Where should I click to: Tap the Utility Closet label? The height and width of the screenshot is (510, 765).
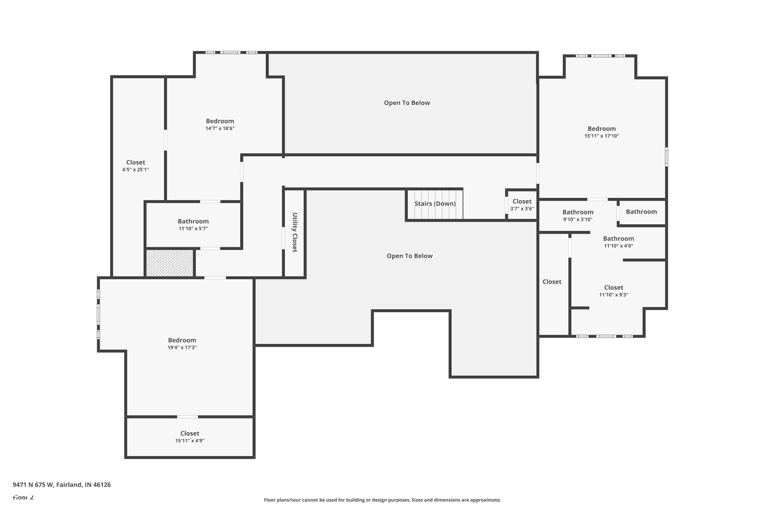click(x=295, y=232)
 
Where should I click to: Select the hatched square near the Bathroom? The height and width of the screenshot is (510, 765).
click(x=170, y=263)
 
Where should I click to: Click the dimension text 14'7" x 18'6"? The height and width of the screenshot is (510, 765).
click(x=220, y=129)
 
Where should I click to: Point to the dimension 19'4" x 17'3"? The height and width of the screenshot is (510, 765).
click(x=182, y=347)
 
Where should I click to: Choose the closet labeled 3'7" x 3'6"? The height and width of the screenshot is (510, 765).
click(x=522, y=205)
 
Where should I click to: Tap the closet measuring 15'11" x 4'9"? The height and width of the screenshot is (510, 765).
click(x=190, y=437)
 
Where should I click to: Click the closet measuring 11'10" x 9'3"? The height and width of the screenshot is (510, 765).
click(x=614, y=291)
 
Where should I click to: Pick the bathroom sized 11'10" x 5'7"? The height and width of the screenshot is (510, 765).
click(x=193, y=224)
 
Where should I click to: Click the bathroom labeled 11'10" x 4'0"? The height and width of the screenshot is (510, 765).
click(x=618, y=242)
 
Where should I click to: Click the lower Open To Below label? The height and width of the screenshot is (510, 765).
click(x=409, y=256)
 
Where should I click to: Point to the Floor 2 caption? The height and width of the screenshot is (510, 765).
click(x=23, y=497)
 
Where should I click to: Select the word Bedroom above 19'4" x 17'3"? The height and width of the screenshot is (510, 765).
click(x=182, y=340)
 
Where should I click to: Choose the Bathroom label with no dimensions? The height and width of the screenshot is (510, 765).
click(x=641, y=212)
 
